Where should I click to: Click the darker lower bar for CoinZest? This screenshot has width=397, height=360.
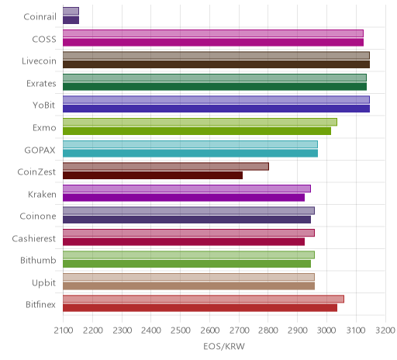(153, 175)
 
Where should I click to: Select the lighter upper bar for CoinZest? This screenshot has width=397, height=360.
(166, 167)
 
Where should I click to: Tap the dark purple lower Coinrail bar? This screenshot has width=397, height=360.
(71, 20)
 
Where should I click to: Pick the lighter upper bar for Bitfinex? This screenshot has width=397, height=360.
(203, 299)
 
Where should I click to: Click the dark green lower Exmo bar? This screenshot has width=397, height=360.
(197, 131)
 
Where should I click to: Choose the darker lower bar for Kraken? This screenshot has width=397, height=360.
(184, 198)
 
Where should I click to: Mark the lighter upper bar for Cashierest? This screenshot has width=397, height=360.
(188, 233)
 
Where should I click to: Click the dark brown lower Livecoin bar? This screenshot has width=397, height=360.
(216, 64)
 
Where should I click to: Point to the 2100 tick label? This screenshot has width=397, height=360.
(64, 331)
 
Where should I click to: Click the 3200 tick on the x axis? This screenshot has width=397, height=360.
(385, 331)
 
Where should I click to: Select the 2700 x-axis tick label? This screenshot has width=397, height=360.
(239, 331)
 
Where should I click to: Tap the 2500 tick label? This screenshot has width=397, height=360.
(181, 331)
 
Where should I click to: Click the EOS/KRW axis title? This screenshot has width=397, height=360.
(224, 346)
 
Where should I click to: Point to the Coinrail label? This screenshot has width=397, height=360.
(40, 17)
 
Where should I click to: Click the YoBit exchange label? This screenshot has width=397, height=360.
(44, 106)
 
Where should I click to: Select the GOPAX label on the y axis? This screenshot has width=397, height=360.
(40, 151)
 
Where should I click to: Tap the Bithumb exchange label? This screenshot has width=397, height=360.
(38, 260)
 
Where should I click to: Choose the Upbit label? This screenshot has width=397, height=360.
(43, 283)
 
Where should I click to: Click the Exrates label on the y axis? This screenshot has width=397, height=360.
(41, 84)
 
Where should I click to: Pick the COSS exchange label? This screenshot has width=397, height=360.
(44, 40)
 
